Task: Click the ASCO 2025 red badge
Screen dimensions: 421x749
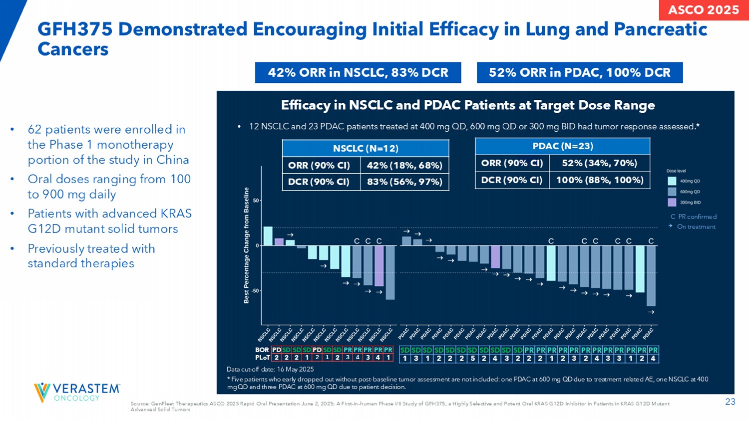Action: click(704, 10)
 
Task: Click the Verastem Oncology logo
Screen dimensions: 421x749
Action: click(77, 392)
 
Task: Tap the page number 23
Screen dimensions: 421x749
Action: click(730, 402)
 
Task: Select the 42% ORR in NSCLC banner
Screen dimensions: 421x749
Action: click(358, 73)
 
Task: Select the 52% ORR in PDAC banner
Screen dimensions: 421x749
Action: click(579, 73)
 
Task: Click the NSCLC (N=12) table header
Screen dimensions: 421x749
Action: click(366, 148)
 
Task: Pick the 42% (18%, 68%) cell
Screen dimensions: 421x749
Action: click(404, 165)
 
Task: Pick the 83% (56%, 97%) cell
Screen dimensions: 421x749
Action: click(404, 182)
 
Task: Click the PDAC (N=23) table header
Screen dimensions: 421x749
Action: click(562, 146)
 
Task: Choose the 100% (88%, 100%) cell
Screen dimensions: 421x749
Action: click(600, 180)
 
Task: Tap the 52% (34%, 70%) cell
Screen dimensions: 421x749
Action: click(600, 163)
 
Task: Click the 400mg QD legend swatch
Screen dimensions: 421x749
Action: click(672, 181)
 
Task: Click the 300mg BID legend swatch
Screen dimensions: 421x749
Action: click(672, 202)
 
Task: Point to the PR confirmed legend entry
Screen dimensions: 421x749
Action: click(694, 216)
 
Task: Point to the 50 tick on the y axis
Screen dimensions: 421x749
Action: click(256, 201)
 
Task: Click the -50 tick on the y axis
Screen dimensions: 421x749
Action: click(255, 291)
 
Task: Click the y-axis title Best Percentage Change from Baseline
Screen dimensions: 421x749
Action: click(247, 245)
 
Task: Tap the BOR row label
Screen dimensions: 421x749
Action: click(262, 350)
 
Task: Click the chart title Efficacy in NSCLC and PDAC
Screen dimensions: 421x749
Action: click(468, 105)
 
